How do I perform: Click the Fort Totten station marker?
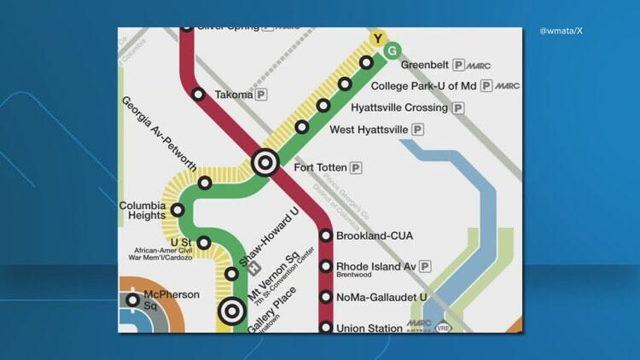coord(265,161)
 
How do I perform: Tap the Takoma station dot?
coord(198,95)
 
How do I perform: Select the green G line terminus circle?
coord(392,50)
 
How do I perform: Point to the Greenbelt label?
coord(424,64)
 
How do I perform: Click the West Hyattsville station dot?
coord(302,127)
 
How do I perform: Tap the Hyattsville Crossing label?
coord(399,108)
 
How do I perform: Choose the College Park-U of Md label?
coord(423,86)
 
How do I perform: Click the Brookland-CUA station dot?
coord(325,235)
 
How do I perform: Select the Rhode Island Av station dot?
coord(325,266)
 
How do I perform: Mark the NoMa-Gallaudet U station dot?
coord(325,297)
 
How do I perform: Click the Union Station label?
coord(369,328)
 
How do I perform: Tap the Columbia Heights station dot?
coord(177,210)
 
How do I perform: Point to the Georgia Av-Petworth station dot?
coord(205,183)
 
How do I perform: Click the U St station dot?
coord(204,242)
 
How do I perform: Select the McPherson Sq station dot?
coord(132,299)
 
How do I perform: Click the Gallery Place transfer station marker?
coord(230,311)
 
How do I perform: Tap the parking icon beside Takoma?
coord(262,95)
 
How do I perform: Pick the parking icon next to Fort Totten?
coord(355,167)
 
